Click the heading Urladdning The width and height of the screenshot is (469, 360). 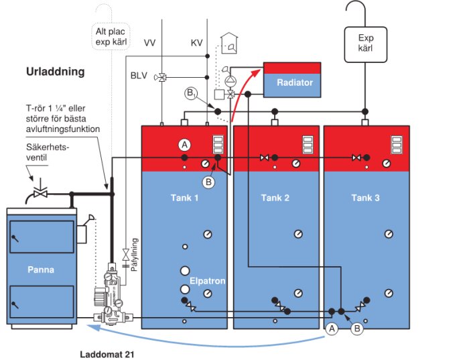click(56, 72)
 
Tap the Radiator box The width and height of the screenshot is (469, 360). click(293, 82)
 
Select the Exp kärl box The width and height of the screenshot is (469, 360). click(364, 43)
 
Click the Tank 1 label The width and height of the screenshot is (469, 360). click(184, 198)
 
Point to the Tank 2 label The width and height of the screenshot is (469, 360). click(275, 198)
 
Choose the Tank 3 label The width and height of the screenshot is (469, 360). click(366, 198)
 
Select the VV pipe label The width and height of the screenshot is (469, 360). click(150, 43)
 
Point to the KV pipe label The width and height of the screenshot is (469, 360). click(196, 43)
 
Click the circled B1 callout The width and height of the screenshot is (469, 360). click(192, 93)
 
